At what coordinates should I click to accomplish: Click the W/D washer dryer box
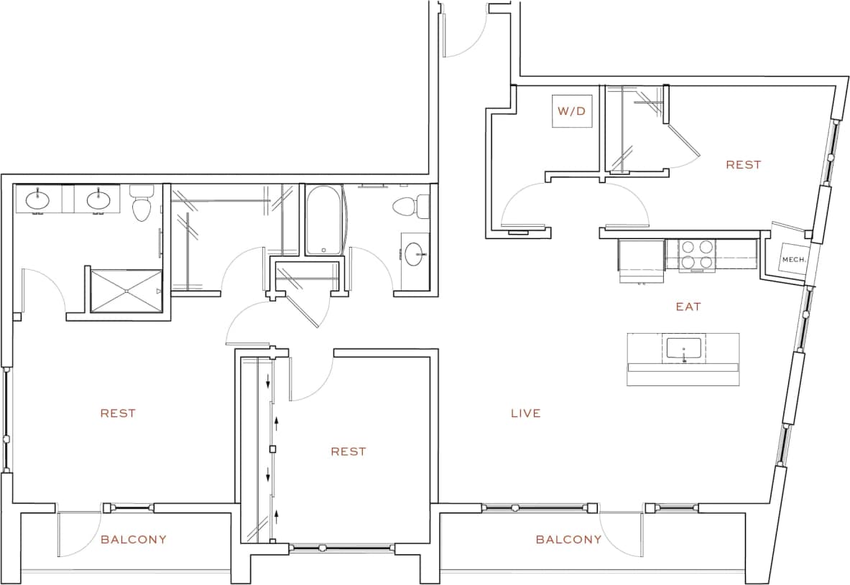(x=572, y=111)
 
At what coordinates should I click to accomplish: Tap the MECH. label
(x=793, y=260)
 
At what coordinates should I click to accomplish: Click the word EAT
(x=688, y=306)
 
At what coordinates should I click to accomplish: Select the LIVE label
(x=525, y=413)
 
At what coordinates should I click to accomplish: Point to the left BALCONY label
(x=134, y=539)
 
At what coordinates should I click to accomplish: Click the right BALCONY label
(x=568, y=539)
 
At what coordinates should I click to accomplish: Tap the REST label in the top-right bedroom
(x=743, y=164)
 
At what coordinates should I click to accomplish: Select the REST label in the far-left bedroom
(x=118, y=413)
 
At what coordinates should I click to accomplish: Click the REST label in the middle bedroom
(x=348, y=451)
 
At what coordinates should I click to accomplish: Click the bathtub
(x=324, y=220)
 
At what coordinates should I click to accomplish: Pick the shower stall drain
(x=126, y=291)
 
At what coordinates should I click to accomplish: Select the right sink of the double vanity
(x=96, y=198)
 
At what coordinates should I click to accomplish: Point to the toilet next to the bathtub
(x=405, y=206)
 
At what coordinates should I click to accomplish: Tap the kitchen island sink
(x=683, y=350)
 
